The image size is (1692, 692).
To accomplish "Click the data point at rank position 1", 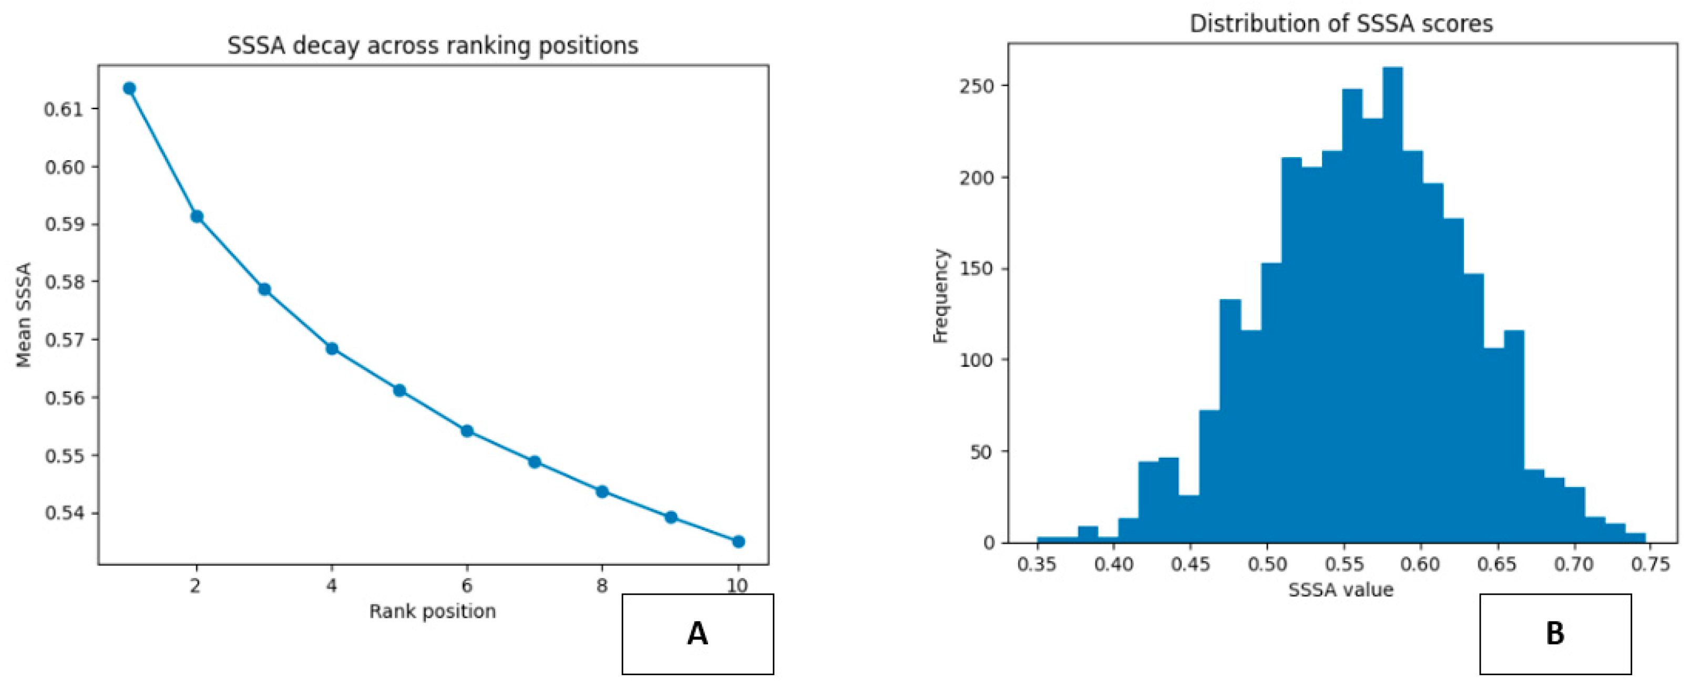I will coord(129,88).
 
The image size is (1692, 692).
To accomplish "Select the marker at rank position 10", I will coord(739,542).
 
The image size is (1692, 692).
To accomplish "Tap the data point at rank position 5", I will coord(399,390).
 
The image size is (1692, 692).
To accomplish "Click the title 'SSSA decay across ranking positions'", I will coord(433,46).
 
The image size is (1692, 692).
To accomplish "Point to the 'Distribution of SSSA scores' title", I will coord(1341,24).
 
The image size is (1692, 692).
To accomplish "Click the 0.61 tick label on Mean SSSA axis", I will coord(64,109).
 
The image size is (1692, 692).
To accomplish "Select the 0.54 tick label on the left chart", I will coord(64,513).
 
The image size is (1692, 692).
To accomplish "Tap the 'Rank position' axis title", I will coord(432,611).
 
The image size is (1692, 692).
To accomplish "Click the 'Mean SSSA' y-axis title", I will coord(24,315).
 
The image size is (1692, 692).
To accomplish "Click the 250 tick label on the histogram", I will coord(977,87).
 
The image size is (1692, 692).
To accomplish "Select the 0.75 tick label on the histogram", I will coord(1650,564).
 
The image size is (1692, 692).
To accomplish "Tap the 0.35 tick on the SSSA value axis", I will coord(1037,564).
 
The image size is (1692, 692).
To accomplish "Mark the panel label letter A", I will coord(698,634).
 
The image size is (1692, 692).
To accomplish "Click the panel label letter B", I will coord(1555,634).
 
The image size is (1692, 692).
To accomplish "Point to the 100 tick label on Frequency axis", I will coord(977,360).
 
